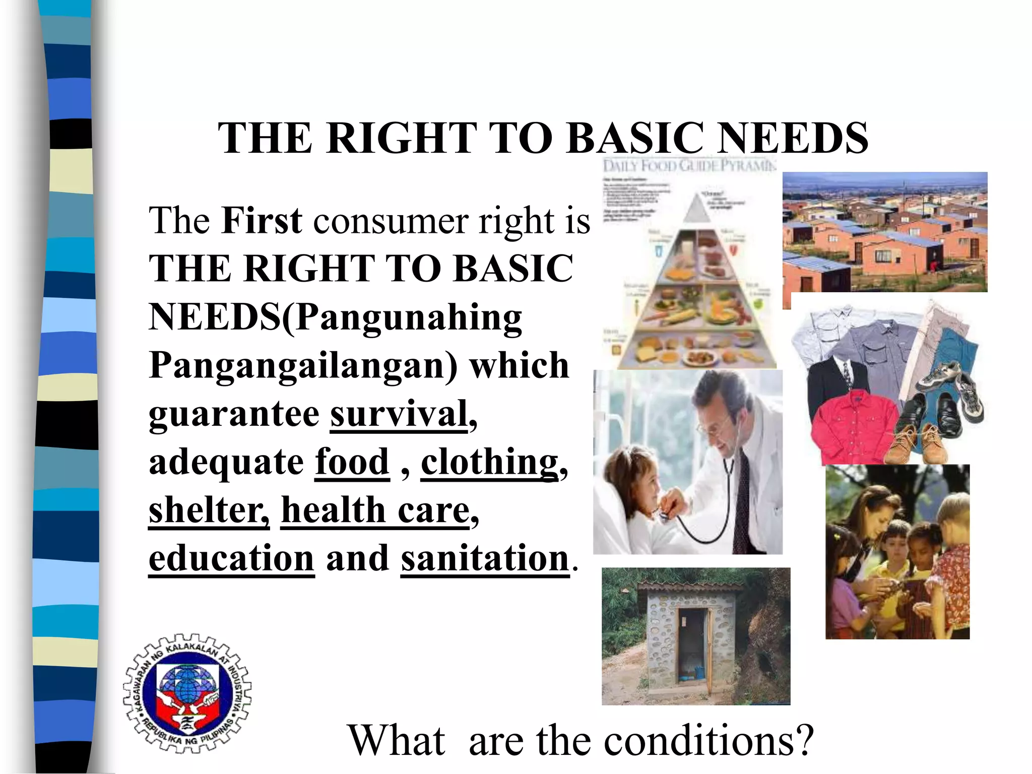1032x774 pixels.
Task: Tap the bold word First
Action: (x=262, y=221)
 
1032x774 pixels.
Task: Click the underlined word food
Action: (x=352, y=462)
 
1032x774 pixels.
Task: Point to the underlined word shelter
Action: (x=208, y=510)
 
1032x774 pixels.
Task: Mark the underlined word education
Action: (x=231, y=558)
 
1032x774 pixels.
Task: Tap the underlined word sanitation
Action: (x=485, y=558)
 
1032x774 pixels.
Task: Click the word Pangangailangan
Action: (x=302, y=365)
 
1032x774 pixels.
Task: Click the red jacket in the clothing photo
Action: (x=852, y=426)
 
